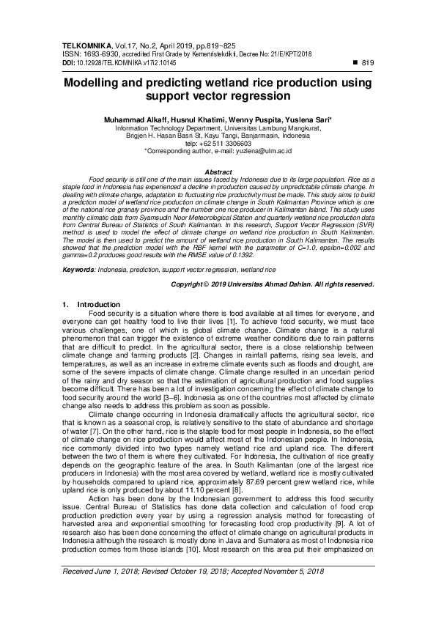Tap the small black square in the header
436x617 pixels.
point(356,62)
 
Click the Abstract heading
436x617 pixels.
point(217,171)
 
